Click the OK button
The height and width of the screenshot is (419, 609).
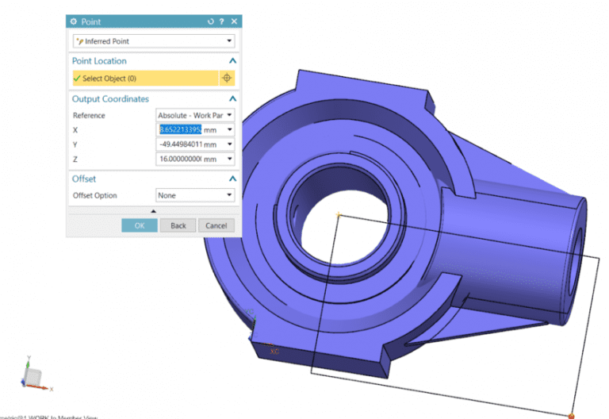[140, 225]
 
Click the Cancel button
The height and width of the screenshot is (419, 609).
[216, 225]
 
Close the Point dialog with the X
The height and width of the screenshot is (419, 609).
[232, 21]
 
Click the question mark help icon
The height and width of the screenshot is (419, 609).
[221, 21]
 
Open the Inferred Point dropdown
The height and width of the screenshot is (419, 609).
[153, 41]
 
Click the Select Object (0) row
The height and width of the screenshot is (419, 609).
[143, 79]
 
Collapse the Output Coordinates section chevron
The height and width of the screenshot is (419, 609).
[232, 99]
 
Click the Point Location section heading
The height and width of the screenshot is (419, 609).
[99, 61]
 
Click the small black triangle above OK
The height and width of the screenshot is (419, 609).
[153, 211]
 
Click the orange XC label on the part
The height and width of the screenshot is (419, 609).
[274, 350]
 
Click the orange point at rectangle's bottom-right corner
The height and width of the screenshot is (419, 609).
[571, 414]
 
